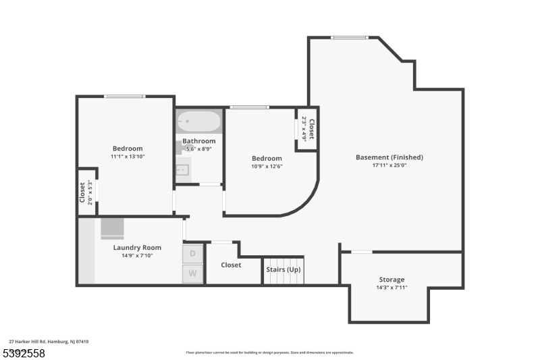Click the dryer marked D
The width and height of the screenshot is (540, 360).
tap(192, 253)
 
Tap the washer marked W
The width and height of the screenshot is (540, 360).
tap(192, 274)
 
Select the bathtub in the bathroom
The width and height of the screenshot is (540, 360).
tap(198, 122)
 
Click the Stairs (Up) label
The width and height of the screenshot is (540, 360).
tap(283, 269)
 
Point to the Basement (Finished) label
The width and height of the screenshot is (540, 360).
tap(389, 157)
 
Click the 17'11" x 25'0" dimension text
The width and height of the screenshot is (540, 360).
tap(389, 165)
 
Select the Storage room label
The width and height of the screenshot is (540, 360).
tap(391, 280)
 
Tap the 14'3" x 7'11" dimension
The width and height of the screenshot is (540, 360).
tap(391, 288)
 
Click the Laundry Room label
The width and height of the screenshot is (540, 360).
tap(137, 247)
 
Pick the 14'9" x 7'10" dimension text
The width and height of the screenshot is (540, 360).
tap(137, 255)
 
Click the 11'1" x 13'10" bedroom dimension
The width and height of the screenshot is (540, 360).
tap(127, 157)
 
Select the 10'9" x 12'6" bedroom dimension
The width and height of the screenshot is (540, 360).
tap(267, 166)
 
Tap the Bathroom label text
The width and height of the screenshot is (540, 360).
tap(199, 141)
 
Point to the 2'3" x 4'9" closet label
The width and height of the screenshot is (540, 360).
tap(308, 128)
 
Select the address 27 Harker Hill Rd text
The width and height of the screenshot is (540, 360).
tap(49, 342)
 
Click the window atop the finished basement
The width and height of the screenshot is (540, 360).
tap(350, 38)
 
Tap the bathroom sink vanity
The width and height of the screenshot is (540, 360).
tap(183, 170)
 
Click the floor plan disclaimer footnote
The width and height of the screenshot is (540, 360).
tap(270, 352)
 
